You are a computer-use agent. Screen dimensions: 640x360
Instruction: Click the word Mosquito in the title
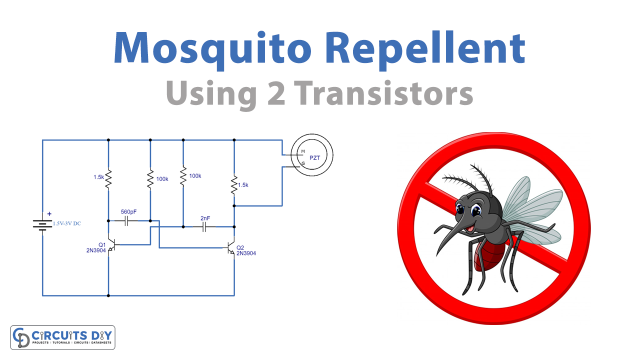click(212, 49)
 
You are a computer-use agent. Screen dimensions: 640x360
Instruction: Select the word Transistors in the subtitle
click(383, 93)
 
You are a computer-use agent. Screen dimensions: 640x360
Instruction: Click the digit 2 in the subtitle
click(276, 93)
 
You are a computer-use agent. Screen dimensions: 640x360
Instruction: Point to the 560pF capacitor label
click(128, 211)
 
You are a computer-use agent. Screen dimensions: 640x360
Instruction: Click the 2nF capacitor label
click(205, 218)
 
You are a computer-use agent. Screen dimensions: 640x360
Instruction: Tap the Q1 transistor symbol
click(112, 244)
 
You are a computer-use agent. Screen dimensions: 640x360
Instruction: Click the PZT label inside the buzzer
click(314, 157)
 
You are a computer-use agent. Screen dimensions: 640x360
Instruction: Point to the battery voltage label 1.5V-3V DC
click(67, 223)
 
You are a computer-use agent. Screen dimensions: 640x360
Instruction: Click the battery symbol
click(42, 225)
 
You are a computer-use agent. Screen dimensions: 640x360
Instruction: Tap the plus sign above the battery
click(49, 213)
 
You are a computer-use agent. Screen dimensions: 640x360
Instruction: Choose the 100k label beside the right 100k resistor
click(195, 176)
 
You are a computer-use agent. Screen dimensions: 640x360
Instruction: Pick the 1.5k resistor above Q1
click(108, 178)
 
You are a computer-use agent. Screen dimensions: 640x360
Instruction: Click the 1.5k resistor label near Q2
click(243, 185)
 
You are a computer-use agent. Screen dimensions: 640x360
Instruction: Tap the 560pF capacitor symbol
click(126, 221)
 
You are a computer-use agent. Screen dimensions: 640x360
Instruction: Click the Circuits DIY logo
click(62, 337)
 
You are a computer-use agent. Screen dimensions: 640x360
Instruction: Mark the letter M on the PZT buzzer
click(303, 151)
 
